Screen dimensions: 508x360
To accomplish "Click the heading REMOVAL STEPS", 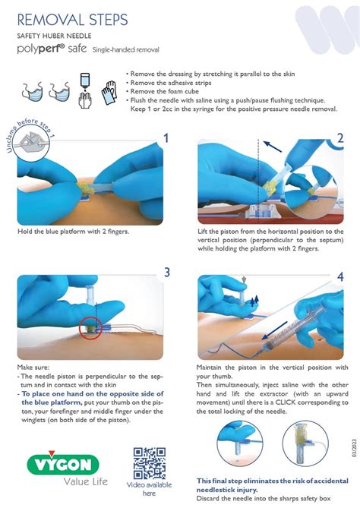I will point(72,20).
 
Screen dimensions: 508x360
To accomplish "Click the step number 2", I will point(341,137).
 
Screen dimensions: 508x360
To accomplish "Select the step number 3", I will point(166,273).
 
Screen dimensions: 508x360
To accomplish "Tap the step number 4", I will point(341,277).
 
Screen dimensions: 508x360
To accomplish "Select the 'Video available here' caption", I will point(149,488).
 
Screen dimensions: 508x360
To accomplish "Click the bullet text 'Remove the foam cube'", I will point(166,91).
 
